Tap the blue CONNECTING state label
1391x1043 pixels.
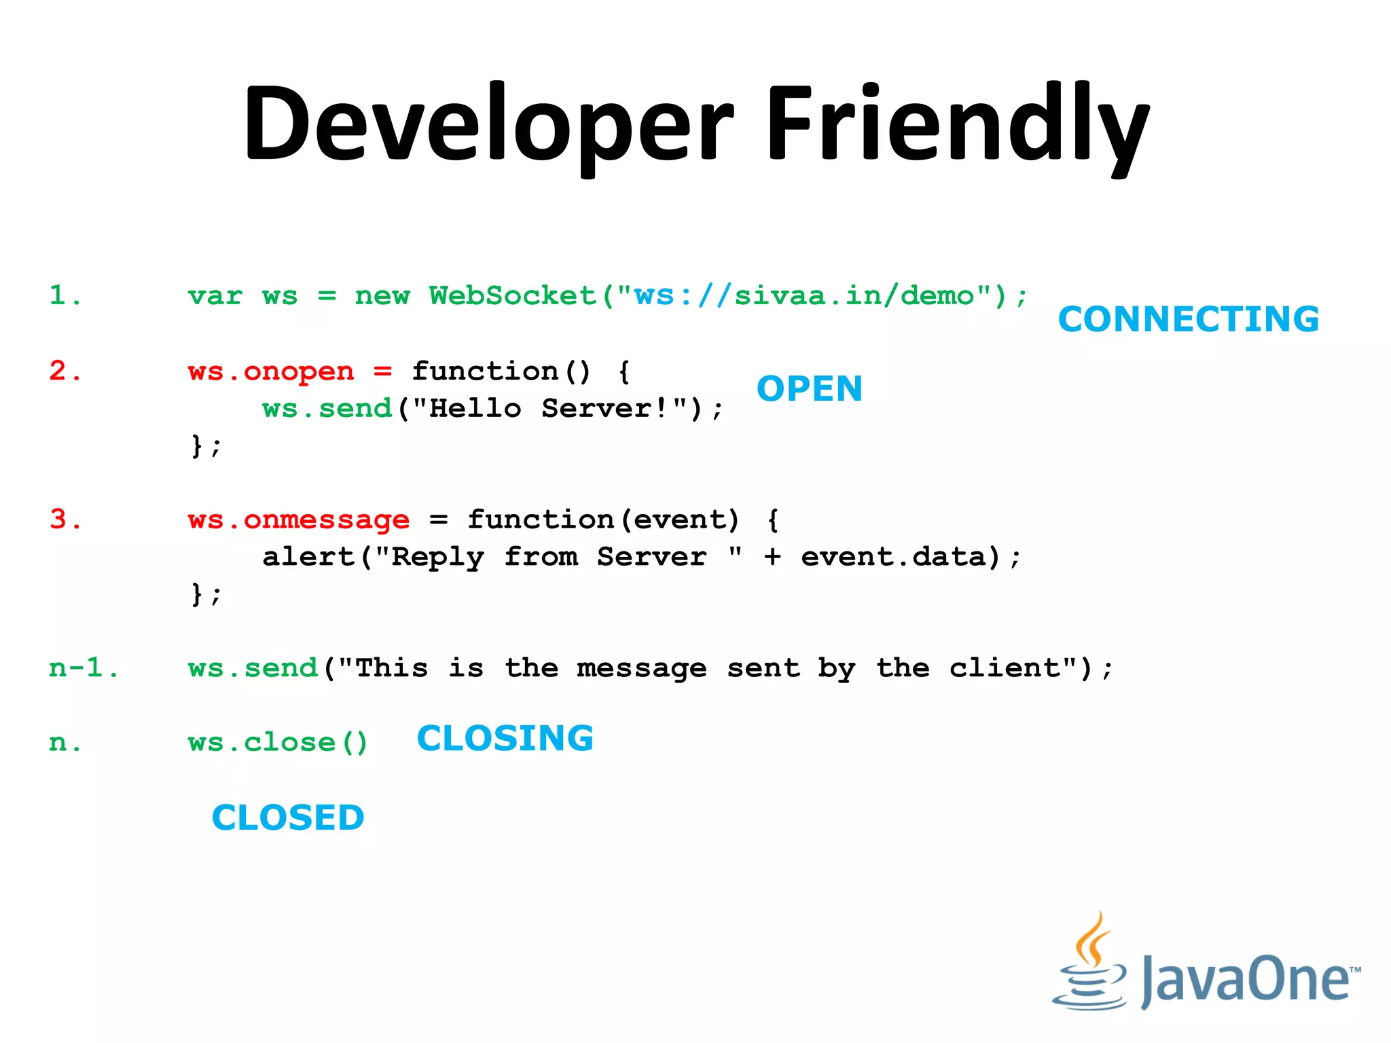pyautogui.click(x=1189, y=319)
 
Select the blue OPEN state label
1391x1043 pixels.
pyautogui.click(x=810, y=389)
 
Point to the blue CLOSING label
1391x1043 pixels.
pyautogui.click(x=505, y=738)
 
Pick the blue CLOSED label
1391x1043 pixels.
pyautogui.click(x=288, y=818)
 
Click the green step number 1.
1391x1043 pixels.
pyautogui.click(x=65, y=295)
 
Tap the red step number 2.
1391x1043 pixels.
pyautogui.click(x=65, y=371)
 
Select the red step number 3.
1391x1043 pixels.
pyautogui.click(x=65, y=519)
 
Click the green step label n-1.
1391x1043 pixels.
pyautogui.click(x=83, y=668)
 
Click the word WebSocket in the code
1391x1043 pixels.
pyautogui.click(x=513, y=296)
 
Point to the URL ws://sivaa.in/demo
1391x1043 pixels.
pyautogui.click(x=804, y=296)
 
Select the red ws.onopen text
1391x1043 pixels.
pyautogui.click(x=271, y=371)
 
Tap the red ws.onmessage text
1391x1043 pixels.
pyautogui.click(x=299, y=520)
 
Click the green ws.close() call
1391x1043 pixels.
pyautogui.click(x=278, y=742)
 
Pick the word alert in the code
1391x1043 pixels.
pyautogui.click(x=308, y=557)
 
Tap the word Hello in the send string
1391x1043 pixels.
pyautogui.click(x=475, y=409)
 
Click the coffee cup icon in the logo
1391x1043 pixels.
pyautogui.click(x=1090, y=964)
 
